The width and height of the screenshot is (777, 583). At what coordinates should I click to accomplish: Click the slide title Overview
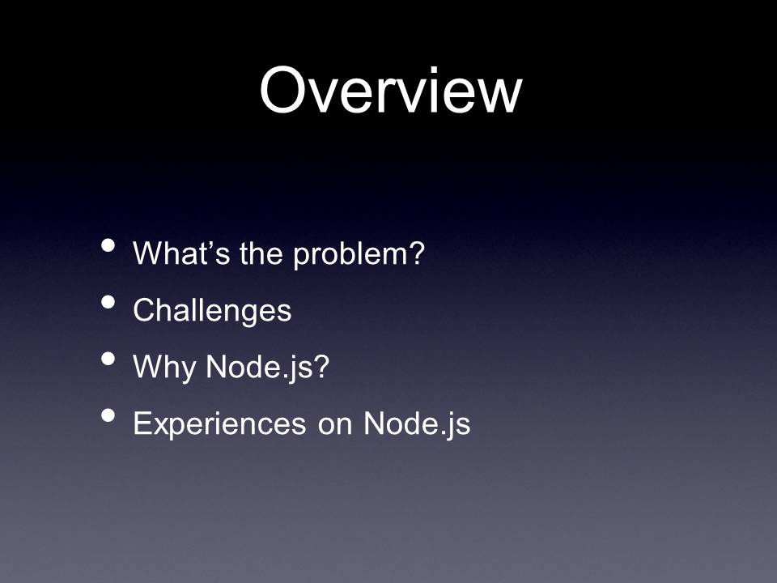390,90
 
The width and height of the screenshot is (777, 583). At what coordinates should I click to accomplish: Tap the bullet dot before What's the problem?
108,245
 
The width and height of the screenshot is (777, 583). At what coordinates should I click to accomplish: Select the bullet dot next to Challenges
108,302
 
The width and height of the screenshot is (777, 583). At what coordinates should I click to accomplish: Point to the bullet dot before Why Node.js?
108,359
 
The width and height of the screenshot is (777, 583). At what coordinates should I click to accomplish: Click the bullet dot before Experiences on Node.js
108,415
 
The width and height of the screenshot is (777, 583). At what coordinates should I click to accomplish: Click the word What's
181,253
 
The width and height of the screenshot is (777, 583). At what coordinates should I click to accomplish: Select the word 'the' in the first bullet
261,253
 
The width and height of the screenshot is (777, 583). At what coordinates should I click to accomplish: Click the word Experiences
219,425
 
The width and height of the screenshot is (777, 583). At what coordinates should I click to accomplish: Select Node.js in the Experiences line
417,425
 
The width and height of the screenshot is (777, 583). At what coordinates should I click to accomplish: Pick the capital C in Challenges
146,310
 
